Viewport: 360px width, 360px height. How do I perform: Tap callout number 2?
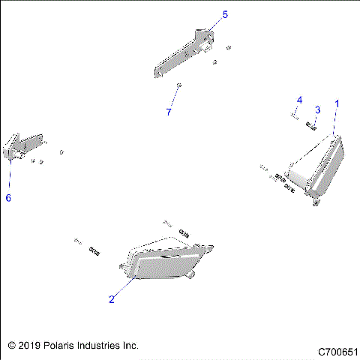click(x=112, y=299)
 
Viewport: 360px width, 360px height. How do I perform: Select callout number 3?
click(x=317, y=110)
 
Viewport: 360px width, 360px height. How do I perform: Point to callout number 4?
click(x=299, y=100)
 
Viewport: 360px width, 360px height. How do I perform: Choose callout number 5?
click(x=225, y=14)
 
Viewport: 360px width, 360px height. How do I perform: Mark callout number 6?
click(x=8, y=198)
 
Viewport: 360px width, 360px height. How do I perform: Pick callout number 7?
click(x=169, y=112)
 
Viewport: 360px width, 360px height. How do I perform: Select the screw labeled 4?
click(x=295, y=115)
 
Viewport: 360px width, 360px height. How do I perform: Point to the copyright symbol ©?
click(x=10, y=346)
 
